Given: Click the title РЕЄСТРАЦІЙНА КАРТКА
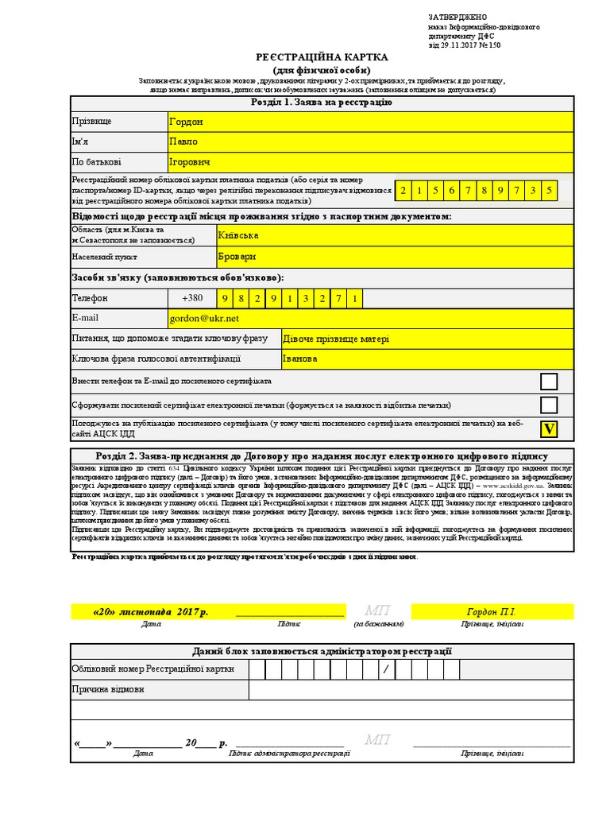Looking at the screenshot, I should tap(322, 58).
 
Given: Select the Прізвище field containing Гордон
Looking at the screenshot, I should tap(370, 122).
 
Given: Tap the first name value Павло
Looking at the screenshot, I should tap(370, 141).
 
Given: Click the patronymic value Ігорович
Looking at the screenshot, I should tap(370, 162).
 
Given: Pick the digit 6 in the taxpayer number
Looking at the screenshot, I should tap(451, 191).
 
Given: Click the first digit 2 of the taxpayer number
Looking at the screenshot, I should tap(403, 191).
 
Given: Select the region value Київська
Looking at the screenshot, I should tap(394, 235).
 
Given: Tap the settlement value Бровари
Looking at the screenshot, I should tap(394, 258).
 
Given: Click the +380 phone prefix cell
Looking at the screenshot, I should tap(192, 298).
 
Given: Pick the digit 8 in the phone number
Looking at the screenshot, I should tap(242, 299).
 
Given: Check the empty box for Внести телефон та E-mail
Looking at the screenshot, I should tap(549, 382).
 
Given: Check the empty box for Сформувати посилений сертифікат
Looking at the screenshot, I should tap(549, 405).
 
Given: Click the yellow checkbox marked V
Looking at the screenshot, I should tap(549, 429).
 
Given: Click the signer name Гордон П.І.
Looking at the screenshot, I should tap(491, 612).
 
